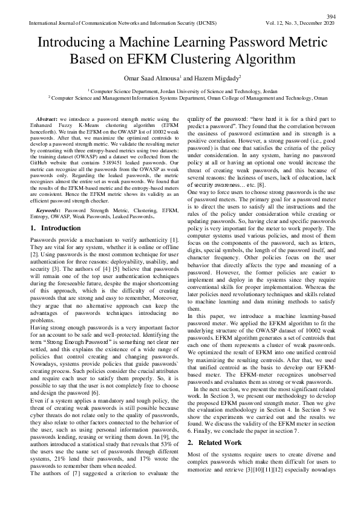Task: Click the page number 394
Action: point(330,16)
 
